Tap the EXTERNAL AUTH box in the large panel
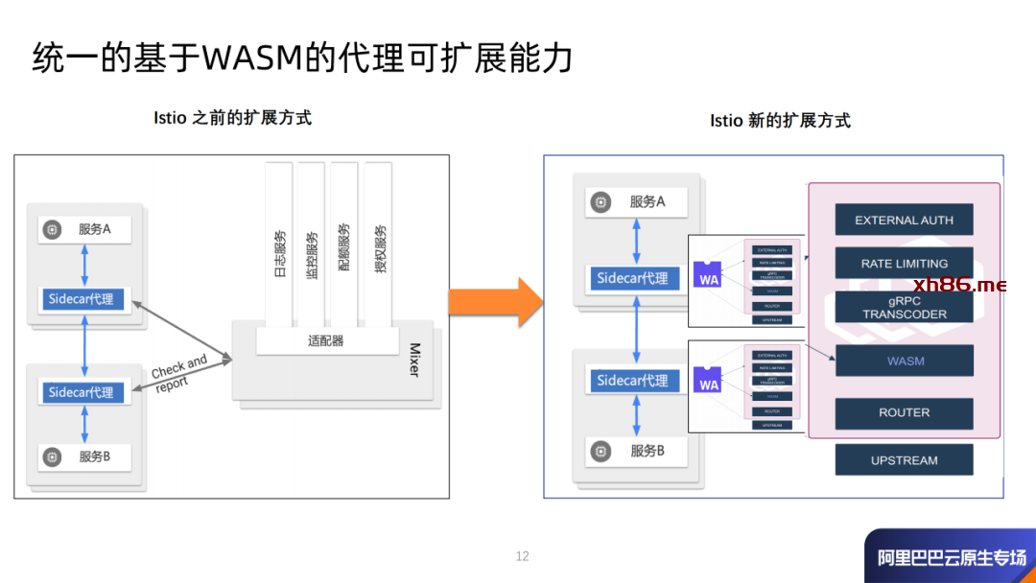click(904, 220)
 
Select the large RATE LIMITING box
click(904, 263)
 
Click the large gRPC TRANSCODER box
click(904, 307)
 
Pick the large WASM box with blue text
click(904, 361)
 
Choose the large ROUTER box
click(904, 412)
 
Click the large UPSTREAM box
click(904, 459)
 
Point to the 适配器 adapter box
click(326, 340)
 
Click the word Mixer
click(414, 360)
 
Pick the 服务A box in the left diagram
click(85, 229)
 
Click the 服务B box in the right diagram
click(637, 450)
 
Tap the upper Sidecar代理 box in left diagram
click(82, 299)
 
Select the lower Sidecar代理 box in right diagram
click(632, 381)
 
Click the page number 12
click(522, 556)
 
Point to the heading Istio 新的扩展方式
click(780, 121)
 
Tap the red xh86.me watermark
click(959, 284)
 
